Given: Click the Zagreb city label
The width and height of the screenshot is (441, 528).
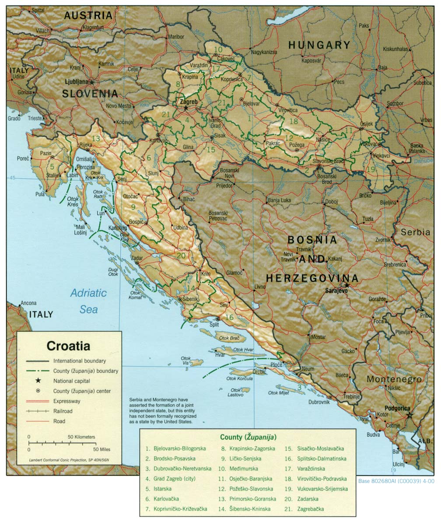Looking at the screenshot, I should (x=189, y=102).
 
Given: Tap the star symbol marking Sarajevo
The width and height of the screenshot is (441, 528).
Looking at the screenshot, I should (x=346, y=285).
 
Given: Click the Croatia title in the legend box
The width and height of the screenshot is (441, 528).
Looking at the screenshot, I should (x=68, y=346).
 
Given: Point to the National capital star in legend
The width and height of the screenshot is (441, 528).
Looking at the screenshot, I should (x=38, y=381).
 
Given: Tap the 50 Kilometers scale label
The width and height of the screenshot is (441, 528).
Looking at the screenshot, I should (x=81, y=437).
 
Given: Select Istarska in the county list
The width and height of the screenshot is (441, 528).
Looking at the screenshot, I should (x=162, y=489).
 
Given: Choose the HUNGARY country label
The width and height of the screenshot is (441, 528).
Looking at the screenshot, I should (x=319, y=45).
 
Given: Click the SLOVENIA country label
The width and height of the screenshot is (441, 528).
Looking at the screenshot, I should (x=90, y=93).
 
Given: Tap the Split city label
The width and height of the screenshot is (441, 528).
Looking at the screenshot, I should (x=214, y=325).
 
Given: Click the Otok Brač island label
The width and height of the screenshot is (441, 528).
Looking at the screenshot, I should (x=230, y=338).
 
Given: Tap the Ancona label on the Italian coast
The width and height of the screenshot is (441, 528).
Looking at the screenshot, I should (x=28, y=303).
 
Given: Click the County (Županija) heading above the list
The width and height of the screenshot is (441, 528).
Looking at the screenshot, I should (x=248, y=437).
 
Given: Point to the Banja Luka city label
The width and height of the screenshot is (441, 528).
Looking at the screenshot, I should (x=279, y=201).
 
